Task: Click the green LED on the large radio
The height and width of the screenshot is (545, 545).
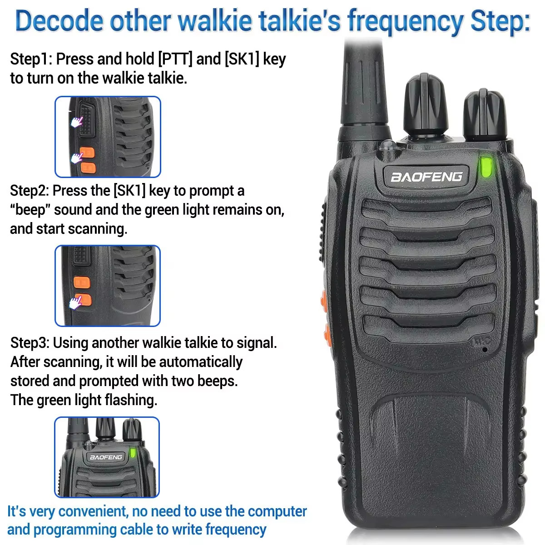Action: point(486,167)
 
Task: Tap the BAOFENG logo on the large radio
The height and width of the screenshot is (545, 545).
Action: point(426,176)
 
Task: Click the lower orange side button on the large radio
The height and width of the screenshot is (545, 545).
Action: point(326,334)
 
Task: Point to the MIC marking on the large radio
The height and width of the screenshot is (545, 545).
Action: point(482,342)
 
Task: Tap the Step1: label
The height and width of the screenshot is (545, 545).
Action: point(31,59)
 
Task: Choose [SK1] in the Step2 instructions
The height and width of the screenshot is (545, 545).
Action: point(129,191)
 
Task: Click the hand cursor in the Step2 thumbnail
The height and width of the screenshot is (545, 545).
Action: point(76,302)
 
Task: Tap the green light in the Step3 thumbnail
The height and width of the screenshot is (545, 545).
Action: point(133,453)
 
